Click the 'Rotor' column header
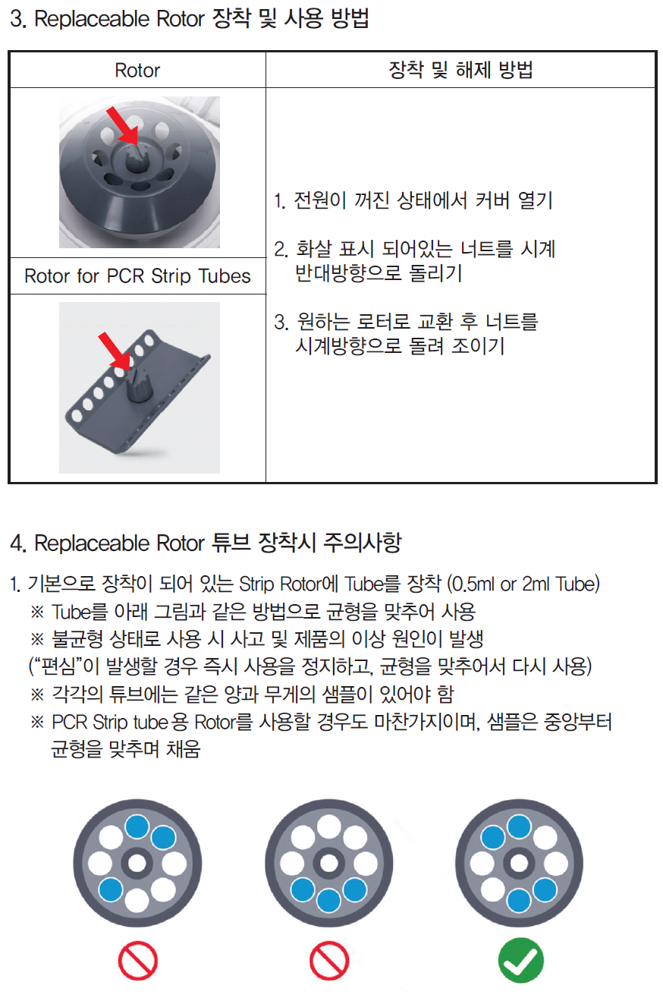click(137, 71)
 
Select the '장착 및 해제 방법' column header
click(460, 70)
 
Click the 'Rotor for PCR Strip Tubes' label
click(137, 276)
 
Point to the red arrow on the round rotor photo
click(123, 125)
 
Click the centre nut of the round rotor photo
click(134, 157)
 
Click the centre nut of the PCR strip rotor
click(138, 383)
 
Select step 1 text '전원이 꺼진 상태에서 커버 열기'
click(413, 200)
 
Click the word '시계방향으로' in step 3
click(348, 346)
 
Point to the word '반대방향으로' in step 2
click(348, 273)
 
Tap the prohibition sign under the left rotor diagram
click(137, 961)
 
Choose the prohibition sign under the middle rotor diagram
click(329, 961)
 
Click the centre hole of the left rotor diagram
click(137, 863)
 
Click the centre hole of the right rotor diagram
click(519, 863)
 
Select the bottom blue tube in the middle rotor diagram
click(328, 899)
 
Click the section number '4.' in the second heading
click(18, 543)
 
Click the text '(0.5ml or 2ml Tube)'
click(523, 584)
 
